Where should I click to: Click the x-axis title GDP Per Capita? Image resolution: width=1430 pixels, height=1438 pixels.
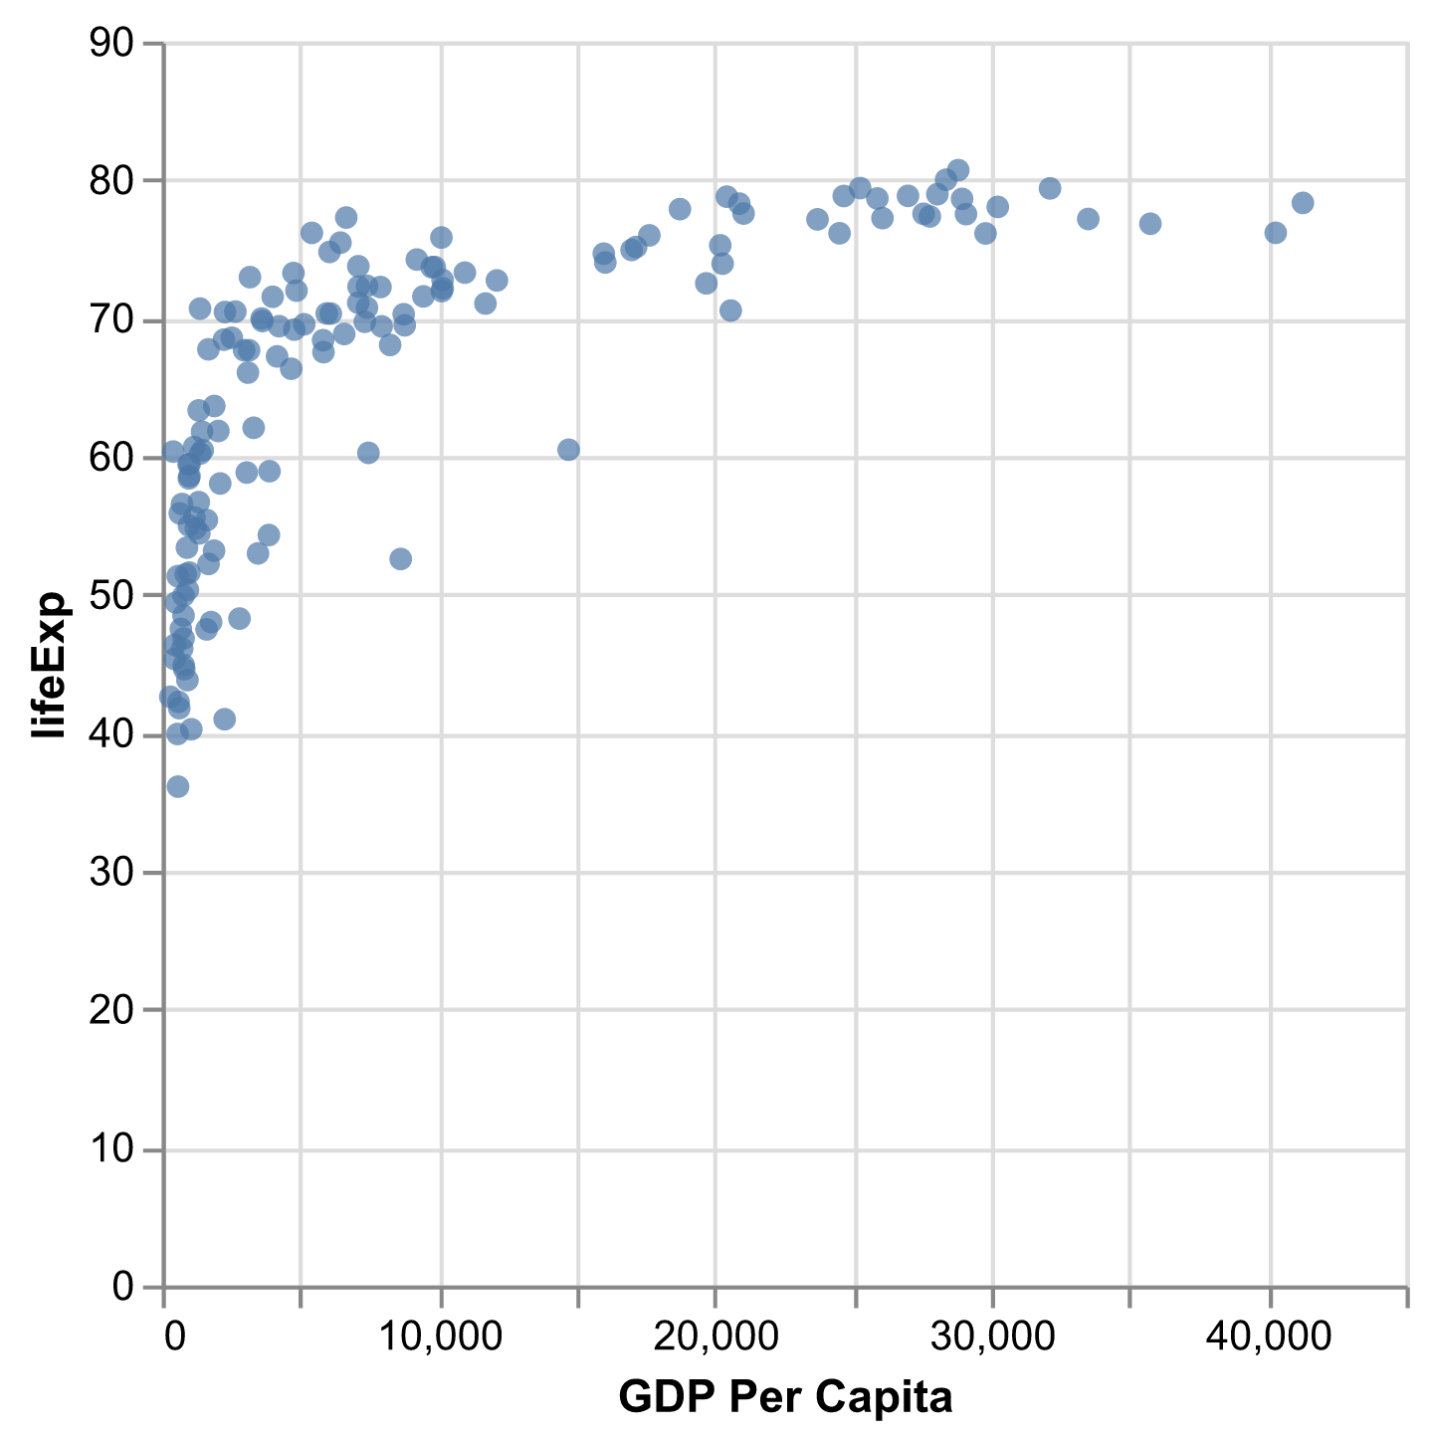coord(785,1397)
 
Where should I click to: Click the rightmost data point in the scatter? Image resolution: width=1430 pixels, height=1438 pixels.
coord(1303,203)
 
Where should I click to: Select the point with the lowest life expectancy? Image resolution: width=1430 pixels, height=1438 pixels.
coord(178,787)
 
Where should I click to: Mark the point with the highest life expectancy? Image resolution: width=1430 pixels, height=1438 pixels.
coord(958,170)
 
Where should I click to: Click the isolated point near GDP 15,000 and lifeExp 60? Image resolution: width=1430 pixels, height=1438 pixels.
coord(568,450)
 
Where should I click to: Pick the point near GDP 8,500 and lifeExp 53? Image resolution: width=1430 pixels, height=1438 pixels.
coord(400,559)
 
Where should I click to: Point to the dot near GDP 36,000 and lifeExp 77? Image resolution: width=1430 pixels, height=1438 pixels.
coord(1150,224)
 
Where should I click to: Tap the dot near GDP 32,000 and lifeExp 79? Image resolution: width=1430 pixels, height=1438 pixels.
coord(1050,188)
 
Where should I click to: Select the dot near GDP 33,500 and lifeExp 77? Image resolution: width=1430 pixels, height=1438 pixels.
coord(1089,219)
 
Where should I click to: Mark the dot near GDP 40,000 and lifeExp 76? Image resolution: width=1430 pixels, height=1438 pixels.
coord(1276,233)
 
